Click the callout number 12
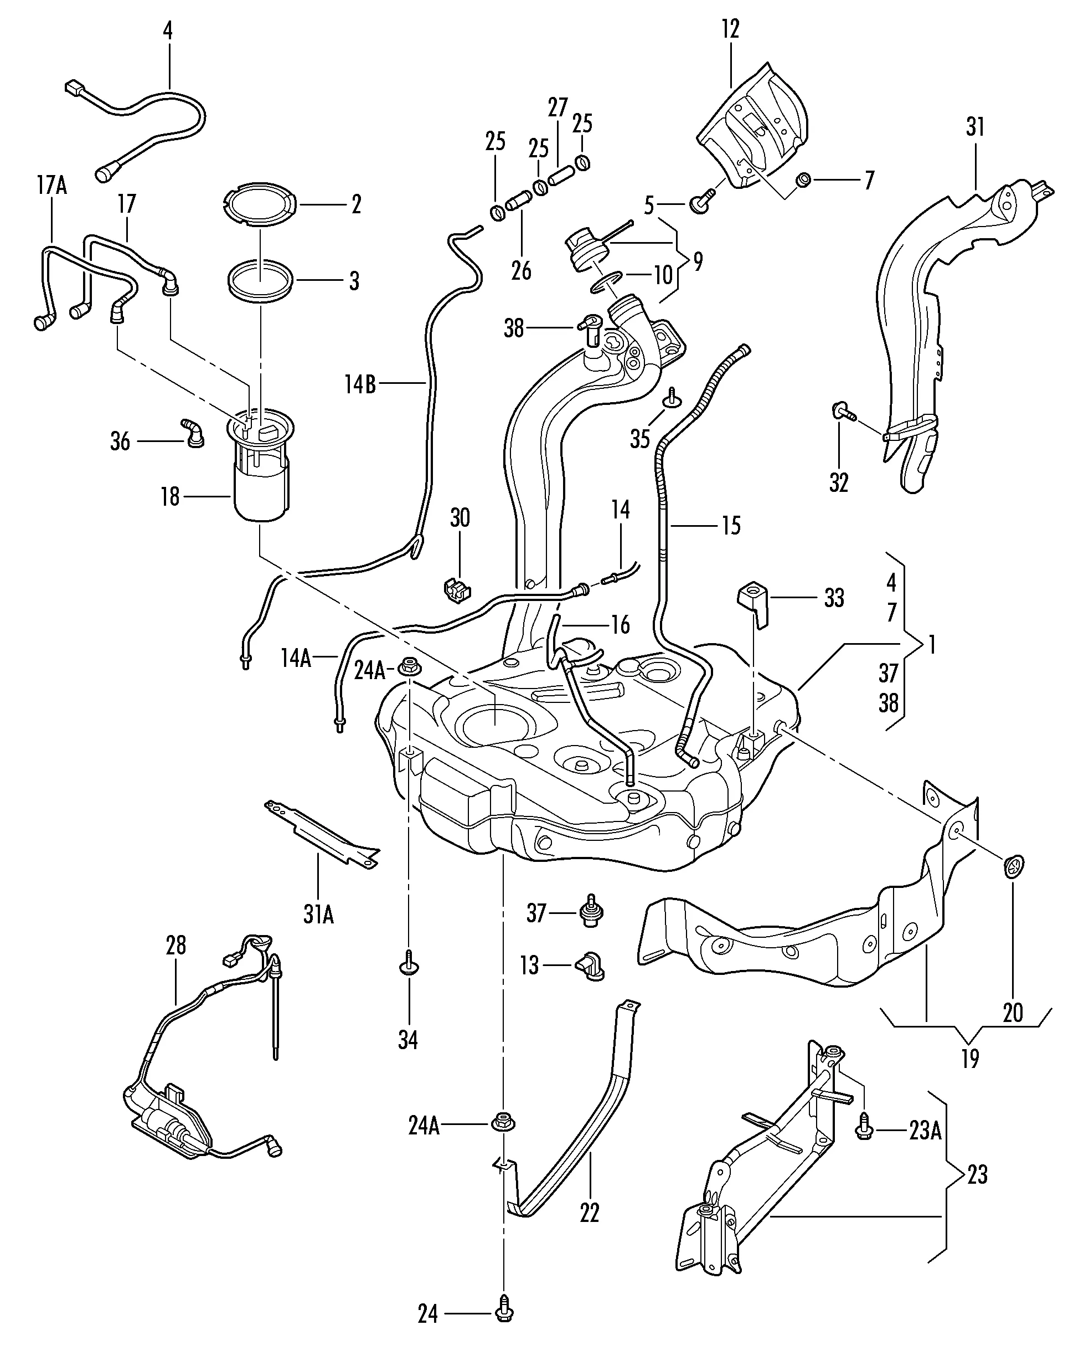pyautogui.click(x=730, y=29)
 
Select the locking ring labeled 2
pyautogui.click(x=260, y=204)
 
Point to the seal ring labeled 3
pyautogui.click(x=260, y=280)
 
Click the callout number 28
pyautogui.click(x=176, y=946)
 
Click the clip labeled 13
pyautogui.click(x=590, y=965)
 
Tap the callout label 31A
pyautogui.click(x=319, y=915)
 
